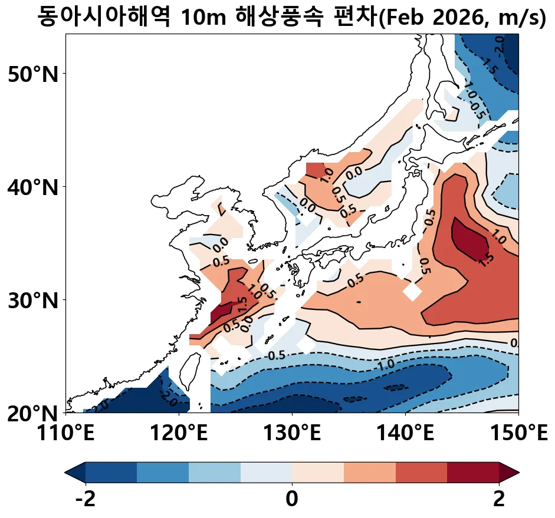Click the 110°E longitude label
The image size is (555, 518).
(x=66, y=436)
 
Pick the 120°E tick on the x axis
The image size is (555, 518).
(x=179, y=436)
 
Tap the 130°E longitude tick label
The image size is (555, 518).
(x=292, y=436)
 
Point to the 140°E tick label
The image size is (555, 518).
(x=405, y=436)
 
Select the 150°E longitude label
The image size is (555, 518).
(x=518, y=436)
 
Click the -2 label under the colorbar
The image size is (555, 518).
(x=86, y=500)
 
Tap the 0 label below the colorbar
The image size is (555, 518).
(x=292, y=500)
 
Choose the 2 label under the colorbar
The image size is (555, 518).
(x=499, y=500)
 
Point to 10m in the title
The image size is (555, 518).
(x=202, y=18)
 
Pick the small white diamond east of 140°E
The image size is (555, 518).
(x=412, y=291)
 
